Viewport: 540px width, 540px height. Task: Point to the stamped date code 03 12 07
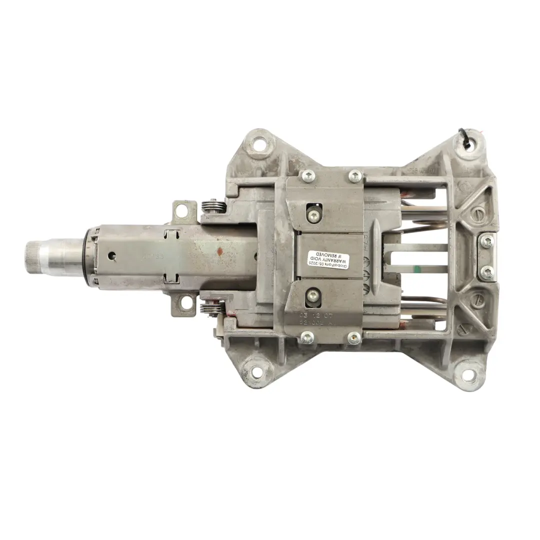[315, 315]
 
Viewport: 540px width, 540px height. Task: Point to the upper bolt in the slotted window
[313, 216]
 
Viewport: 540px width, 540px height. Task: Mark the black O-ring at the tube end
[90, 256]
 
